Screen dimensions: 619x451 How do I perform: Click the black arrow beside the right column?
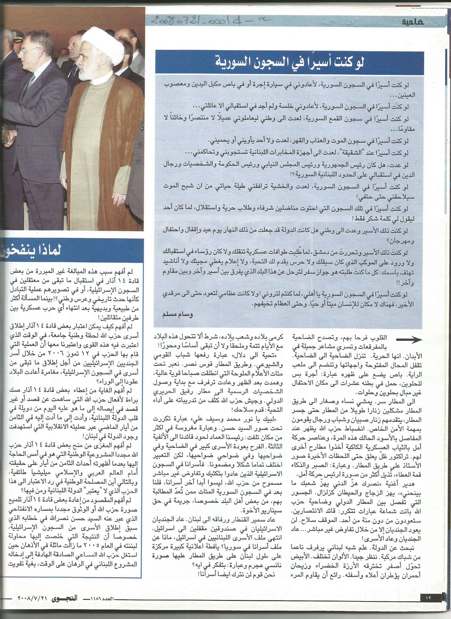[409, 340]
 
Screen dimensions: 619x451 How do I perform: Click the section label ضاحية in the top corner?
[413, 22]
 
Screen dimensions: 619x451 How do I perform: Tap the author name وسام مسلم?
[177, 315]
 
